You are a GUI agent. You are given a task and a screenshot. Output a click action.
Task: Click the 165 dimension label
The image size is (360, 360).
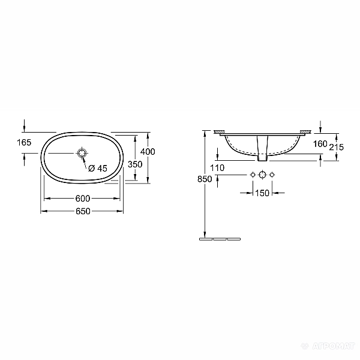pyautogui.click(x=24, y=143)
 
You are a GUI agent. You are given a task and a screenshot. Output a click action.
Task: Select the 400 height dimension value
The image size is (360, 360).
pyautogui.click(x=148, y=152)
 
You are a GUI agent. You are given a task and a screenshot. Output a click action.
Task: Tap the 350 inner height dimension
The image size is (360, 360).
pyautogui.click(x=135, y=164)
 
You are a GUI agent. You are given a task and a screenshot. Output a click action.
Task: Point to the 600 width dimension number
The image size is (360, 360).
pyautogui.click(x=83, y=199)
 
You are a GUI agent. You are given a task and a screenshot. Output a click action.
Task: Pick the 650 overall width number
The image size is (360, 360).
pyautogui.click(x=83, y=211)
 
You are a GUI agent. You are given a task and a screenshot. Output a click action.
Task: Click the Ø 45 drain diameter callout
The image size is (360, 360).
pyautogui.click(x=98, y=168)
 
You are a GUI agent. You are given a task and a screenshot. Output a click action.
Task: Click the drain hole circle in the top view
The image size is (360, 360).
pyautogui.click(x=82, y=152)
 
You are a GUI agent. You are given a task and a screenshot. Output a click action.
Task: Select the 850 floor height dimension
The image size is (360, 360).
pyautogui.click(x=205, y=179)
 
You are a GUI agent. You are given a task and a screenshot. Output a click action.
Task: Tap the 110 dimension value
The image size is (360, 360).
pyautogui.click(x=217, y=168)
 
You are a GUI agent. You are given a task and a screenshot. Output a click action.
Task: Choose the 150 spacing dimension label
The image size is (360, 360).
pyautogui.click(x=262, y=193)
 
